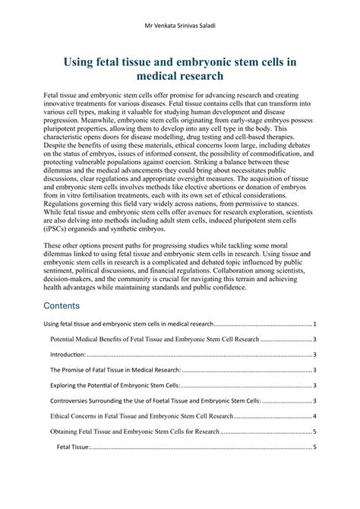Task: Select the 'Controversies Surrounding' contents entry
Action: [144, 400]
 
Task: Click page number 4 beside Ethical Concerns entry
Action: [314, 416]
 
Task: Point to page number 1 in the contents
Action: [314, 323]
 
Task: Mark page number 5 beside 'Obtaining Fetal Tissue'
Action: [314, 432]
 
